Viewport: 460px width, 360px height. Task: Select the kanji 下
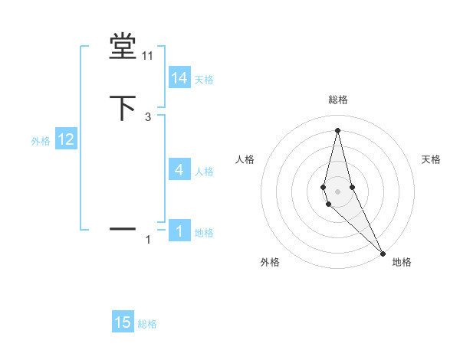(x=123, y=108)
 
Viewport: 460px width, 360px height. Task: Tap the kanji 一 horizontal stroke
(x=123, y=228)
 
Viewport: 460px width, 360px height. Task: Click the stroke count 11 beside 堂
(x=148, y=56)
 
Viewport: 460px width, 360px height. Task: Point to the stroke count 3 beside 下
(x=148, y=117)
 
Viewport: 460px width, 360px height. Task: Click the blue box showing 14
(x=179, y=78)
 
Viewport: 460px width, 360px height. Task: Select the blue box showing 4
(x=179, y=170)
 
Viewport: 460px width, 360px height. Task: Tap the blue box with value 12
(x=66, y=139)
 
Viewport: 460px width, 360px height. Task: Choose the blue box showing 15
(x=123, y=322)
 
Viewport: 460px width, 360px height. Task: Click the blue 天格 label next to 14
(x=204, y=80)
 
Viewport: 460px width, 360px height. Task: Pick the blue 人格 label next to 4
(x=204, y=172)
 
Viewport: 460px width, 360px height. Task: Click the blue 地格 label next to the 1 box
(x=204, y=233)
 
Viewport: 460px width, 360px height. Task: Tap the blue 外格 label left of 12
(x=41, y=141)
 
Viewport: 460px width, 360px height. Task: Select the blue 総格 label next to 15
(x=147, y=324)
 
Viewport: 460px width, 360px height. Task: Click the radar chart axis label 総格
(x=338, y=100)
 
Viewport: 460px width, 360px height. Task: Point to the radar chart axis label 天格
(x=432, y=159)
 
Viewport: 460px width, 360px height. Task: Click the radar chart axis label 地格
(x=402, y=263)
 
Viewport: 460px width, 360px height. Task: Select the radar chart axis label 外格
(x=270, y=263)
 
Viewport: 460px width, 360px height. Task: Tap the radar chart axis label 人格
(x=245, y=159)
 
